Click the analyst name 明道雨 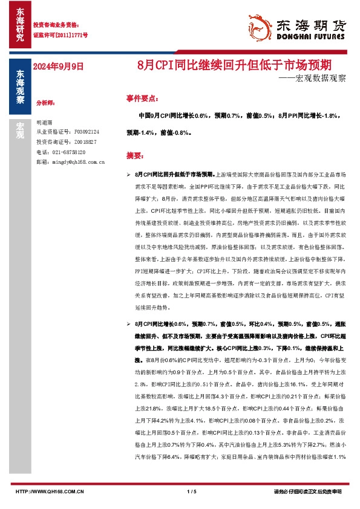(45, 122)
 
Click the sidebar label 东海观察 (20, 88)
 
